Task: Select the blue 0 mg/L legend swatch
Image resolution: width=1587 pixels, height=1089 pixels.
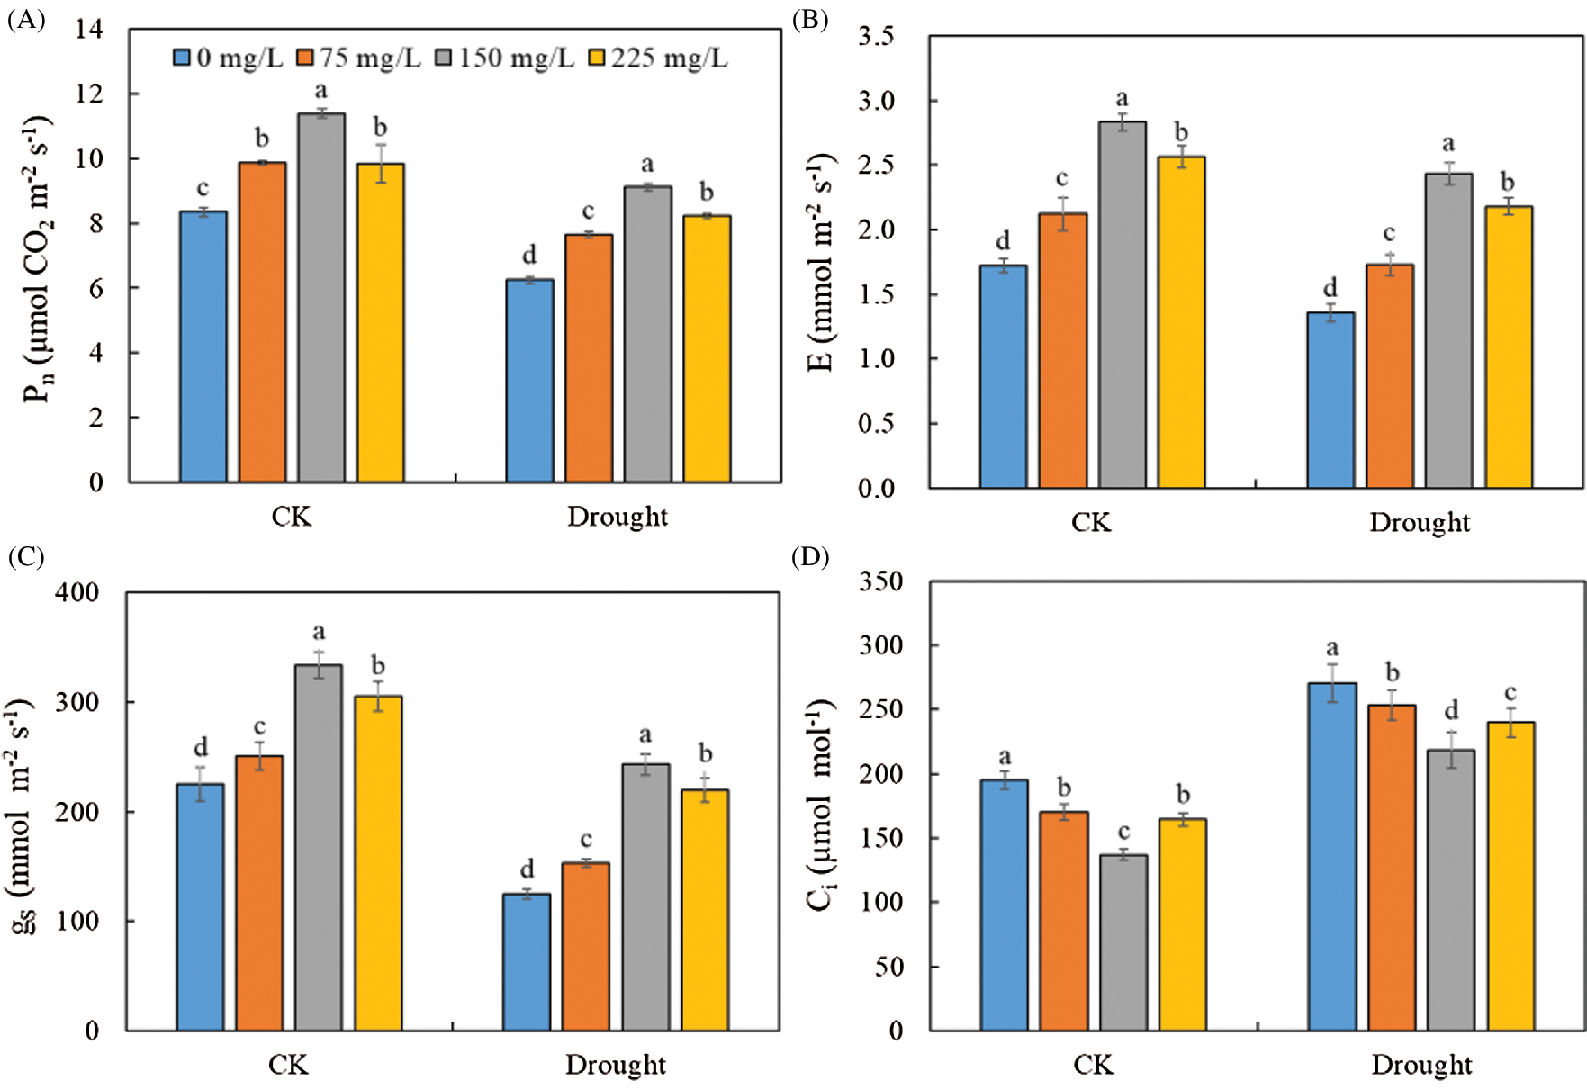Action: click(182, 58)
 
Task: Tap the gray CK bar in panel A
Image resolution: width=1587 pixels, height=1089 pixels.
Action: click(321, 297)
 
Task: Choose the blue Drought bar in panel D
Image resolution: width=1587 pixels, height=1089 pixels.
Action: click(1332, 856)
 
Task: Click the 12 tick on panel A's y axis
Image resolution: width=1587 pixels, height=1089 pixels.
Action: click(89, 94)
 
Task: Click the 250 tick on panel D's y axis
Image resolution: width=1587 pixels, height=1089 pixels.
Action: click(881, 709)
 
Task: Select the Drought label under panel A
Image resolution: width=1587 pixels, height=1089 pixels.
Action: click(618, 517)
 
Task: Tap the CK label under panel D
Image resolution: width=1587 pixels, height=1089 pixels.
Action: click(1093, 1066)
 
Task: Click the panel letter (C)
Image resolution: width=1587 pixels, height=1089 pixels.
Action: click(25, 557)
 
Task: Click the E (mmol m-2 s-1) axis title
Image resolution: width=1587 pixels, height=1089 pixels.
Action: click(820, 262)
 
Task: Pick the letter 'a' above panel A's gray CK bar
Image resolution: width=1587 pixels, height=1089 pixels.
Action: click(320, 91)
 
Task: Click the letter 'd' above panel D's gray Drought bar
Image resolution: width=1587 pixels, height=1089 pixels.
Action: click(1451, 711)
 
